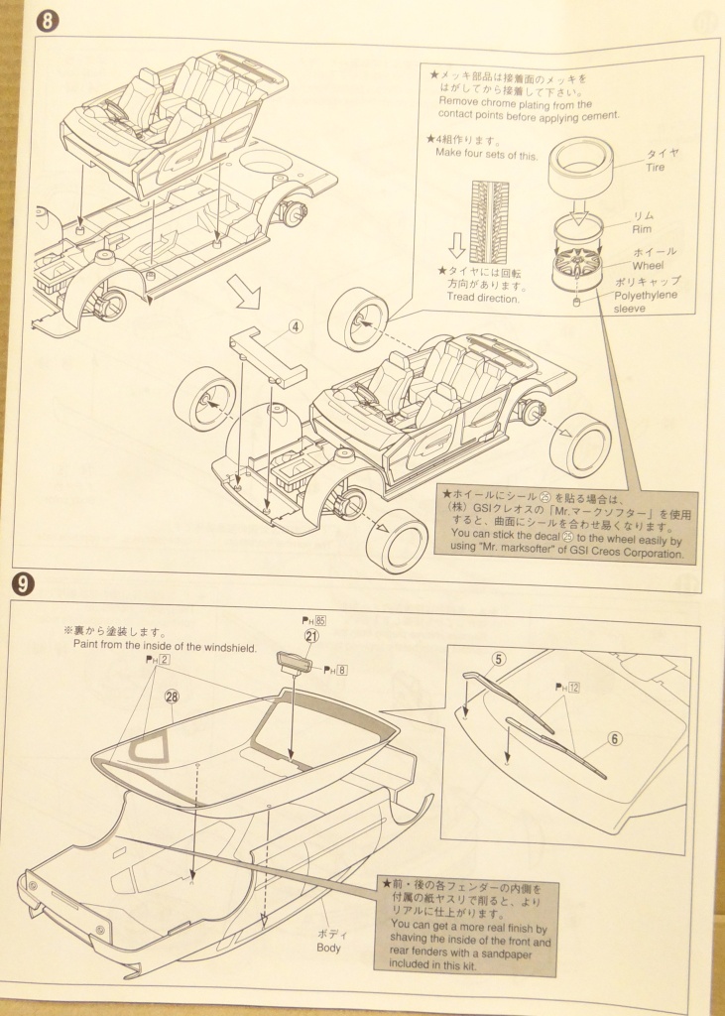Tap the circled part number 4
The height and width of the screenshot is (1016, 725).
click(297, 324)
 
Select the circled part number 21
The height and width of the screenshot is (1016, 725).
click(311, 637)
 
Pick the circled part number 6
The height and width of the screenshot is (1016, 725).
click(614, 738)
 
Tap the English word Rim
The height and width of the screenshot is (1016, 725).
click(643, 229)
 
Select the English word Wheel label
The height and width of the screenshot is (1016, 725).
click(650, 266)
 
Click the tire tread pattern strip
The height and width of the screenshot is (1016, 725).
click(488, 221)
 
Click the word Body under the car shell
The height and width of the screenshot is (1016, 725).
click(328, 948)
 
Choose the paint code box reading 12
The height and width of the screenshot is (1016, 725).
click(572, 686)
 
